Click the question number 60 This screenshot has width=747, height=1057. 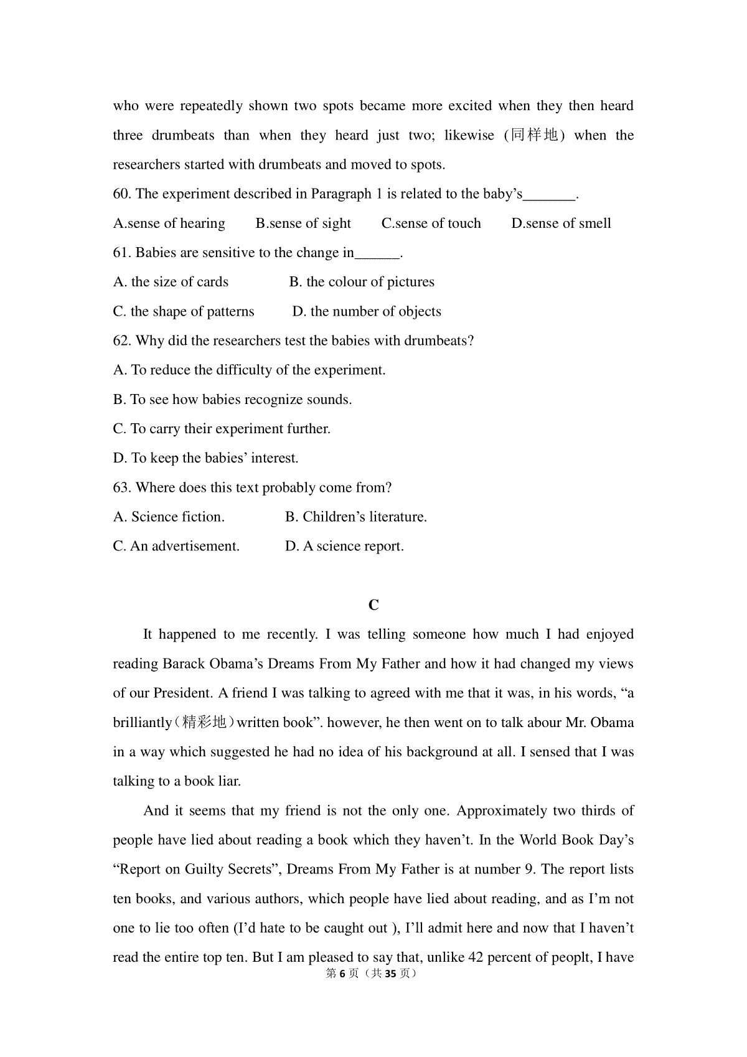(x=121, y=194)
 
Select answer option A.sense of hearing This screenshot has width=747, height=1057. (x=169, y=223)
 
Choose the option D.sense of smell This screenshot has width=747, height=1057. (x=561, y=223)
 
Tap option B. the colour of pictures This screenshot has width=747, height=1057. (x=362, y=282)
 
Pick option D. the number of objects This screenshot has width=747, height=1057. (x=367, y=311)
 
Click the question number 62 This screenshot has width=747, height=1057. (x=121, y=341)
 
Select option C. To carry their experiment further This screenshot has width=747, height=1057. (x=222, y=429)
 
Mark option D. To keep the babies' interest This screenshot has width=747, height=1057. (x=205, y=458)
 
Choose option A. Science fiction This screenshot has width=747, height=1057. (x=169, y=517)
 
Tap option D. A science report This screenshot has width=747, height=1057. (x=344, y=547)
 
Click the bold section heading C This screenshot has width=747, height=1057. (x=374, y=605)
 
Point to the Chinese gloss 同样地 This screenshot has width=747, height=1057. (x=534, y=136)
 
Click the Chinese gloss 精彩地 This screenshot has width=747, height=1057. (x=204, y=723)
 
